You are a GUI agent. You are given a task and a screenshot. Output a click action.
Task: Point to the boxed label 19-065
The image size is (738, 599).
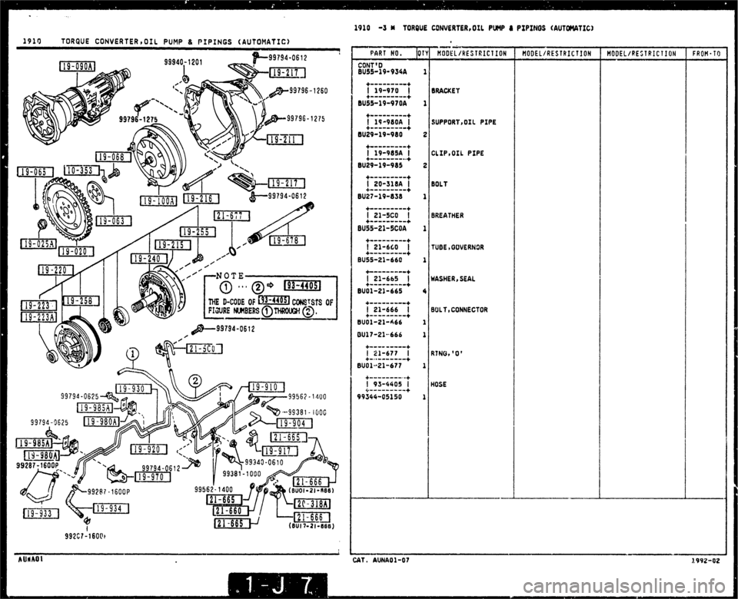[34, 171]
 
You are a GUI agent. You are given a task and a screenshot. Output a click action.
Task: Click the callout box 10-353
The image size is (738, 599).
[79, 170]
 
